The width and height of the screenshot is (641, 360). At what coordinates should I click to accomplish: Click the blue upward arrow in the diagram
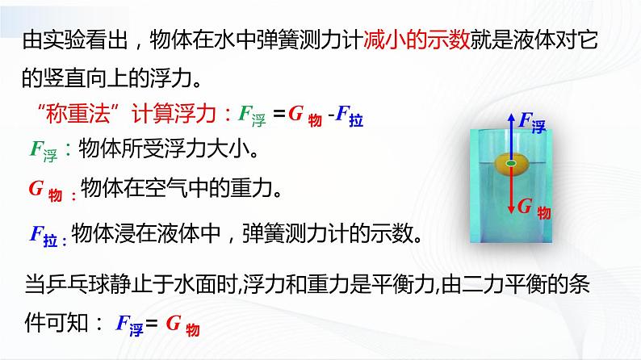tap(511, 133)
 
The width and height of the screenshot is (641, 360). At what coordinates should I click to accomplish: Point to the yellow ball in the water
tap(511, 164)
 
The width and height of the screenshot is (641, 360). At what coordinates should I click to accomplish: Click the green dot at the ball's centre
tap(511, 164)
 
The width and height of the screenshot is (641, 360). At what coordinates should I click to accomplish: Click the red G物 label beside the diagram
tap(533, 208)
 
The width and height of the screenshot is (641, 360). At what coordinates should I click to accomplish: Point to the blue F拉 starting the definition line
tap(47, 234)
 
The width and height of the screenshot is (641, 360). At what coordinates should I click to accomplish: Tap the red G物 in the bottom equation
tap(181, 324)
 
